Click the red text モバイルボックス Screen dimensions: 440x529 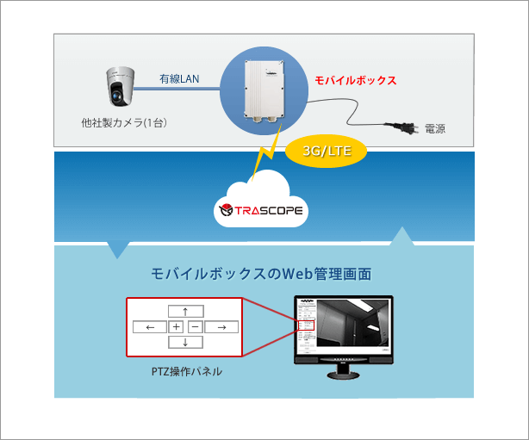[x=356, y=80]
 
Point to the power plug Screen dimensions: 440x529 [x=401, y=127]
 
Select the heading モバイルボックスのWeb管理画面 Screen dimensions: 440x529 [x=261, y=274]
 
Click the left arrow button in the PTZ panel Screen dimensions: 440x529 [x=150, y=327]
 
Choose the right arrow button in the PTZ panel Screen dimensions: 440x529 [x=221, y=327]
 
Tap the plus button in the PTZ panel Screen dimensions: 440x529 [x=176, y=327]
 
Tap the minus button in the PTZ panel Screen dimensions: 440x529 [x=195, y=327]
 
